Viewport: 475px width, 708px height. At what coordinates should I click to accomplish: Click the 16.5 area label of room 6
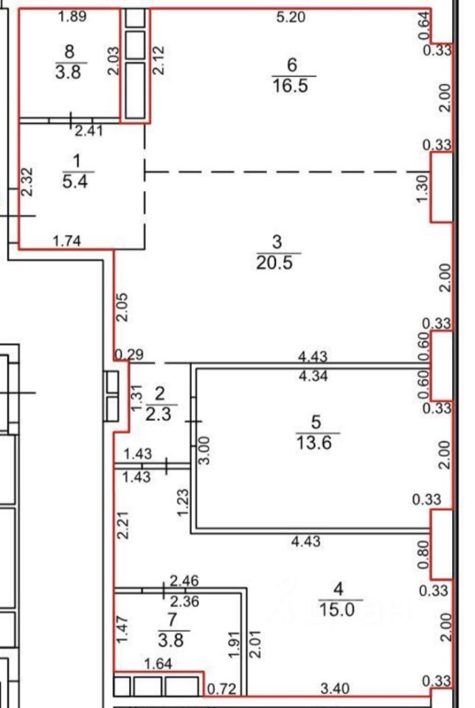[290, 85]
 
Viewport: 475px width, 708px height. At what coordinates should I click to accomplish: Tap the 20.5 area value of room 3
[274, 262]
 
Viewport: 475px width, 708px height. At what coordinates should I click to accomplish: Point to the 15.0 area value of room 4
[337, 610]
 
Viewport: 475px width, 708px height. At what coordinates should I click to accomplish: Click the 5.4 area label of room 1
[75, 181]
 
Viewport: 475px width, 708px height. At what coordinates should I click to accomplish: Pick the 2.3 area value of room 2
[159, 414]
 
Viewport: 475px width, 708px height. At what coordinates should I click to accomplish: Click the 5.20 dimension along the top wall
[291, 17]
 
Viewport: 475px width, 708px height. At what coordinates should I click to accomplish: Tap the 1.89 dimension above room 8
[72, 17]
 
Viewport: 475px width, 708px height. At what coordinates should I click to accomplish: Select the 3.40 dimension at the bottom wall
[334, 689]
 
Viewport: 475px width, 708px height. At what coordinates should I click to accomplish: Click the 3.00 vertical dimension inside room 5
[204, 450]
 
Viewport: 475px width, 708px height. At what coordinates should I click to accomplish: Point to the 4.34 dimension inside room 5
[313, 375]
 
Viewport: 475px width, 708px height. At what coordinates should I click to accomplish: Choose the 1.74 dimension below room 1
[67, 241]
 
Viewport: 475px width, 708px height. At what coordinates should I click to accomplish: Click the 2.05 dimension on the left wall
[122, 307]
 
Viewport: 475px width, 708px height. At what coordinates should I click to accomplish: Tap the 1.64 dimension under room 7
[158, 664]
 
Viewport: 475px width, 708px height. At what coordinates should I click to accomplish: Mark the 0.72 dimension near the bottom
[222, 689]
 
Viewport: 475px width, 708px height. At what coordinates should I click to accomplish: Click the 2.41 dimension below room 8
[89, 131]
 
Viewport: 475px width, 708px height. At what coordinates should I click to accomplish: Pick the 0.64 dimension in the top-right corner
[424, 27]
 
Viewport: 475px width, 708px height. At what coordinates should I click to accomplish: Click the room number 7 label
[172, 620]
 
